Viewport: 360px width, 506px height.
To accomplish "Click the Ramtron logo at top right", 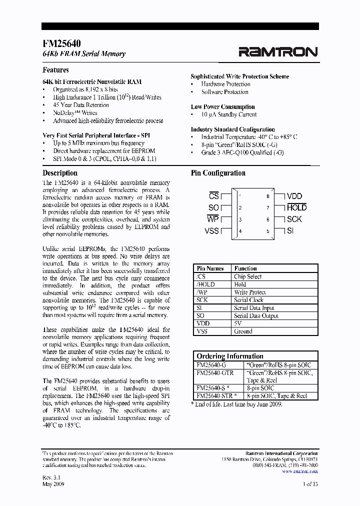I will tap(277, 51).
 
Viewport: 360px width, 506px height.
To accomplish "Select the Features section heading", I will tap(55, 70).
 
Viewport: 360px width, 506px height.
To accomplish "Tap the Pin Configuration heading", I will tap(218, 173).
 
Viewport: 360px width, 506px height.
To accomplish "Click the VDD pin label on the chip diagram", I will tap(294, 196).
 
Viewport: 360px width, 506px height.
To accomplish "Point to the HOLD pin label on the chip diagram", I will tap(296, 207).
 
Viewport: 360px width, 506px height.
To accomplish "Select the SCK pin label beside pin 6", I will tap(294, 219).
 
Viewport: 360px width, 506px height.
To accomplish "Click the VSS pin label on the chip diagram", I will tap(212, 230).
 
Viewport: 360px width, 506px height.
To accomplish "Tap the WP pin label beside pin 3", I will tap(213, 219).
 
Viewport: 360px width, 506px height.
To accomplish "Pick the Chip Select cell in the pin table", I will tap(247, 276).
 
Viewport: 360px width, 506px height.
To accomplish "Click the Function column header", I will tap(245, 268).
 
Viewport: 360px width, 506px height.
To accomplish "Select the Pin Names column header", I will tap(210, 268).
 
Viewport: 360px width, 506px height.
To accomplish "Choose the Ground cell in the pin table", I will tap(243, 331).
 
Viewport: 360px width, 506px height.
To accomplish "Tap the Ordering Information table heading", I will tap(230, 356).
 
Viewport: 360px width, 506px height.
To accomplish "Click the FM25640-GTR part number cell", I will tap(215, 373).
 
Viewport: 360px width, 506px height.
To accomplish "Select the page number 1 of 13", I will tap(310, 483).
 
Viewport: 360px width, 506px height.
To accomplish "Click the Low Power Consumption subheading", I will tap(222, 107).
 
